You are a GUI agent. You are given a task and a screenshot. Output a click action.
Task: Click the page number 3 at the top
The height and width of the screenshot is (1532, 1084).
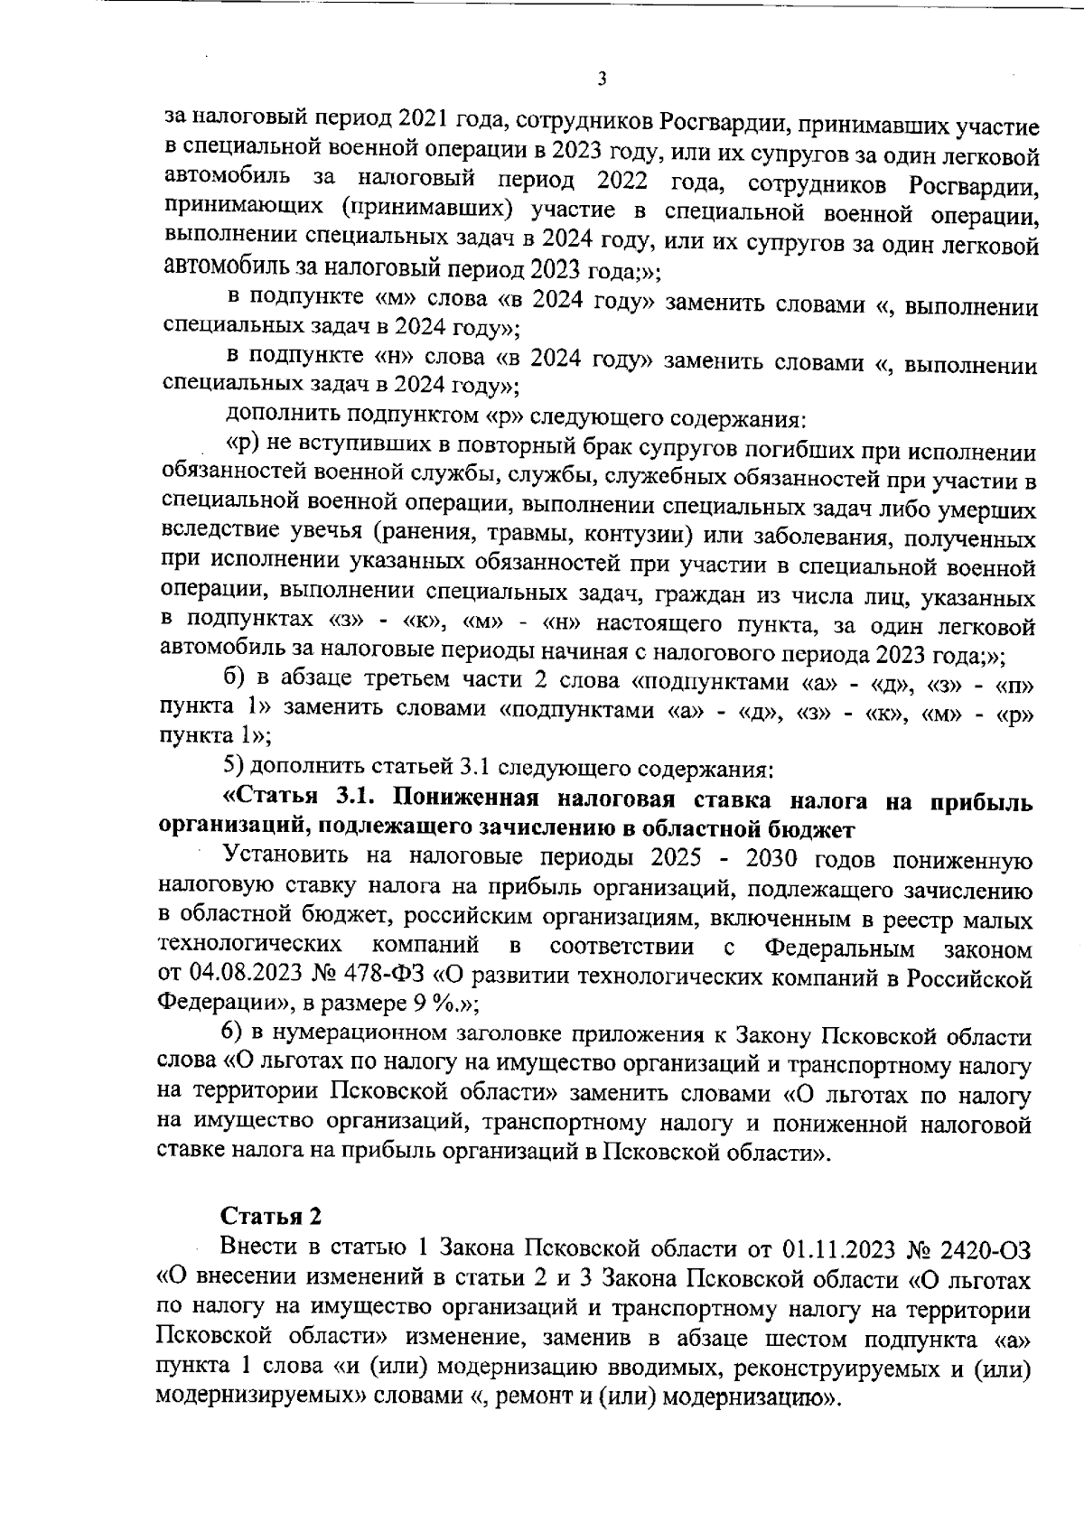pos(602,79)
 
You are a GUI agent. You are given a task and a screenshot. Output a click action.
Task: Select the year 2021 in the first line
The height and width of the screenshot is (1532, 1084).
pos(430,119)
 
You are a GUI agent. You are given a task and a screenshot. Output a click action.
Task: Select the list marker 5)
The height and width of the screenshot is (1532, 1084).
pos(233,769)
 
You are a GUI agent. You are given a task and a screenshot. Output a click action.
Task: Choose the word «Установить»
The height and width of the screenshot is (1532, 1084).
pos(288,858)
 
